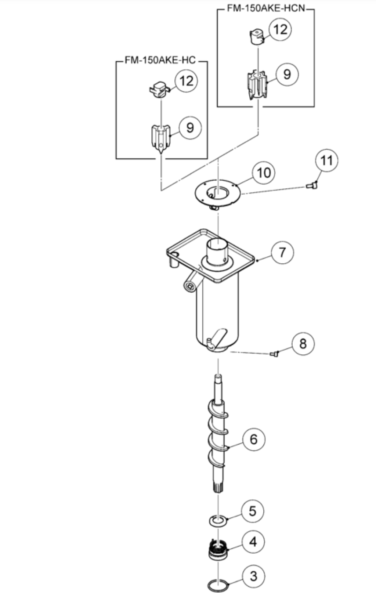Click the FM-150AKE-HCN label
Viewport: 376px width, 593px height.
pos(266,8)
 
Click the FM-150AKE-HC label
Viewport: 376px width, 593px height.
pos(160,60)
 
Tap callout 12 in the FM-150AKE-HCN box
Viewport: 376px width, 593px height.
pos(280,29)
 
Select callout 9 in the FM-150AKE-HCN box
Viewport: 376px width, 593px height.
pos(287,74)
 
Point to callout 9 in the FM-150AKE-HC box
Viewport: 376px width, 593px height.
pos(190,128)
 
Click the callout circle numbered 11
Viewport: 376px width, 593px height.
pos(326,160)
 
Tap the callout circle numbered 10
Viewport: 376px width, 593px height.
pos(264,173)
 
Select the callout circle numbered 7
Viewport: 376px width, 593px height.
pos(282,252)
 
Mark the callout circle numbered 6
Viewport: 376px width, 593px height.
pos(253,439)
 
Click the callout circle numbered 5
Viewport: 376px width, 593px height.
pos(252,511)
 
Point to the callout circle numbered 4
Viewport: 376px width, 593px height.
pos(253,542)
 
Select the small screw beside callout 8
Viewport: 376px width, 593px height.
pos(274,353)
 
